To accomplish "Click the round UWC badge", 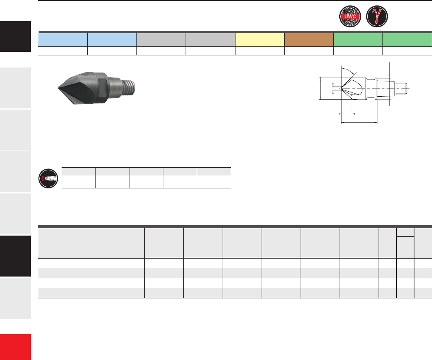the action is [x=350, y=16].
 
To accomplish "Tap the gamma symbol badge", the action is [x=377, y=16].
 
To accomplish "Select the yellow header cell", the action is [x=260, y=40].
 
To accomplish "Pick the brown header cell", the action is [x=309, y=40].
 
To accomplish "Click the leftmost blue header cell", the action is [x=63, y=40].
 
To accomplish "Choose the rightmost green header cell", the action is [x=407, y=40].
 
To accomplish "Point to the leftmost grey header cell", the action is [x=161, y=40].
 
